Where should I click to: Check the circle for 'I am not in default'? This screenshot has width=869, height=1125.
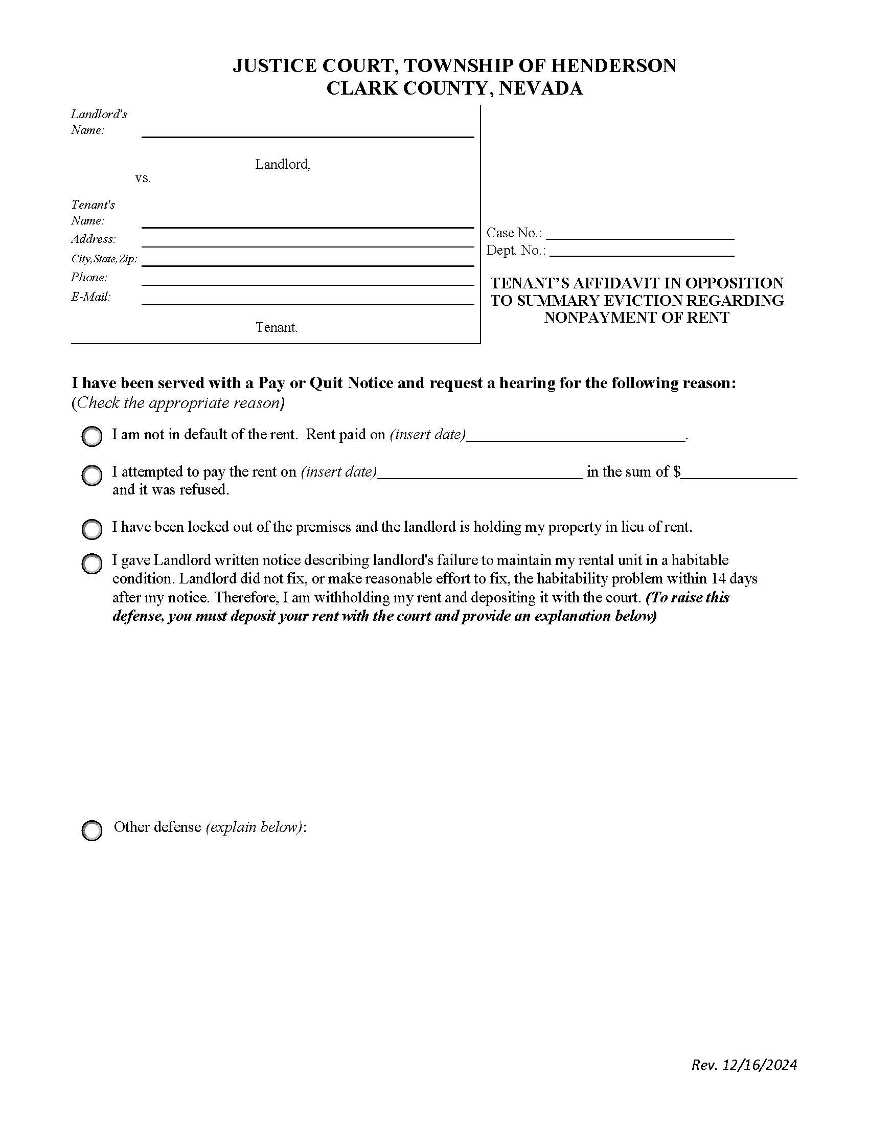point(92,436)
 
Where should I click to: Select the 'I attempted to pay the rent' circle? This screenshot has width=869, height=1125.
point(92,476)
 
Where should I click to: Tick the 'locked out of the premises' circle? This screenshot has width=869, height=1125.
point(92,529)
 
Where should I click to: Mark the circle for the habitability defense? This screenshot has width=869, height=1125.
point(92,564)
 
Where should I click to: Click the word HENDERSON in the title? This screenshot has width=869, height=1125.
point(613,66)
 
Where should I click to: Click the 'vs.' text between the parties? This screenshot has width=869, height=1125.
point(143,179)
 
